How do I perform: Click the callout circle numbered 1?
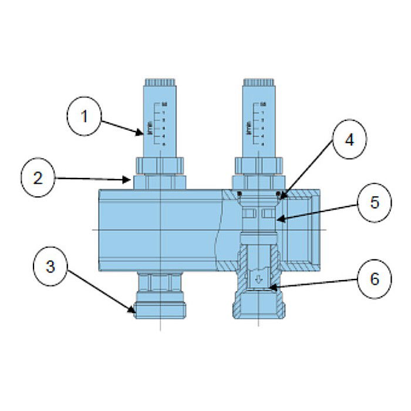[x=84, y=116]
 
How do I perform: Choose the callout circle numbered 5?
[x=374, y=203]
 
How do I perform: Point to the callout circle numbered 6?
[x=373, y=278]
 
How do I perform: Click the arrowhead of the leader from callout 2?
[x=133, y=180]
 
